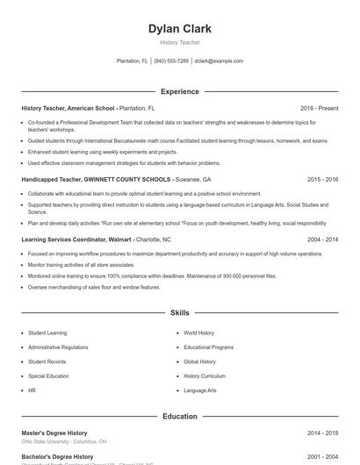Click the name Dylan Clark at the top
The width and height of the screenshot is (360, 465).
[179, 29]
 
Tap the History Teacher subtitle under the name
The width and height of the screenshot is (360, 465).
[179, 42]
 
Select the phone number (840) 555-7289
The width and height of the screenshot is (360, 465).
[171, 61]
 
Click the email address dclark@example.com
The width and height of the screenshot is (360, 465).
[219, 61]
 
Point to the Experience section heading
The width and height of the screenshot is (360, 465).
[179, 91]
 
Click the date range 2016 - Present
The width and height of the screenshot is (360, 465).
[319, 108]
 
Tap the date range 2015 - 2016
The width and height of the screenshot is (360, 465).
[322, 178]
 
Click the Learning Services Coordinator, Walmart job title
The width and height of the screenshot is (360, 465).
[76, 239]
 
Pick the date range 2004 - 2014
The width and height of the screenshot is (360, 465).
[322, 239]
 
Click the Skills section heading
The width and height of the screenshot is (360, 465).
[179, 312]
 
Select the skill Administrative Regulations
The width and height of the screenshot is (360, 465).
[58, 347]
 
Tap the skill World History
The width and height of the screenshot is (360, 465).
[199, 333]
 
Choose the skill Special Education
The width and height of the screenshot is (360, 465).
[48, 376]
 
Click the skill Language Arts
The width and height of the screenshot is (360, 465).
[200, 390]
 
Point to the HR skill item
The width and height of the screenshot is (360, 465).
[32, 390]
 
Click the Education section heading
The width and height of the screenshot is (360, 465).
[179, 417]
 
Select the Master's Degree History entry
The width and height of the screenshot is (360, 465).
[54, 433]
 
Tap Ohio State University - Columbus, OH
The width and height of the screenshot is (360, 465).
[64, 442]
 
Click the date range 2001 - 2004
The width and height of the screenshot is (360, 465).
[322, 457]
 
